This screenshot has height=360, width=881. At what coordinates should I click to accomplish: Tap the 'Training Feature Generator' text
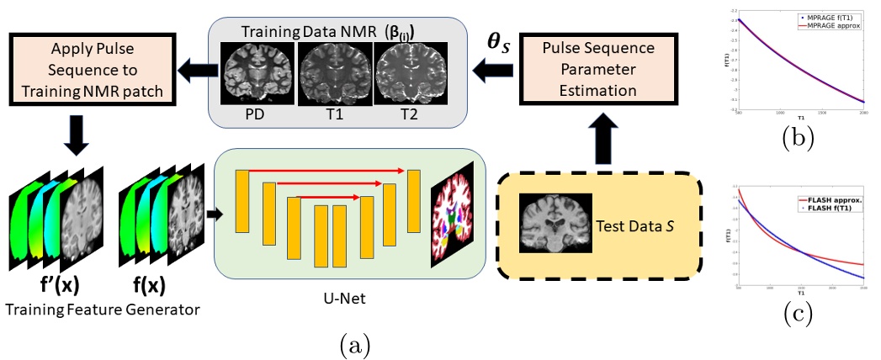(x=102, y=310)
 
